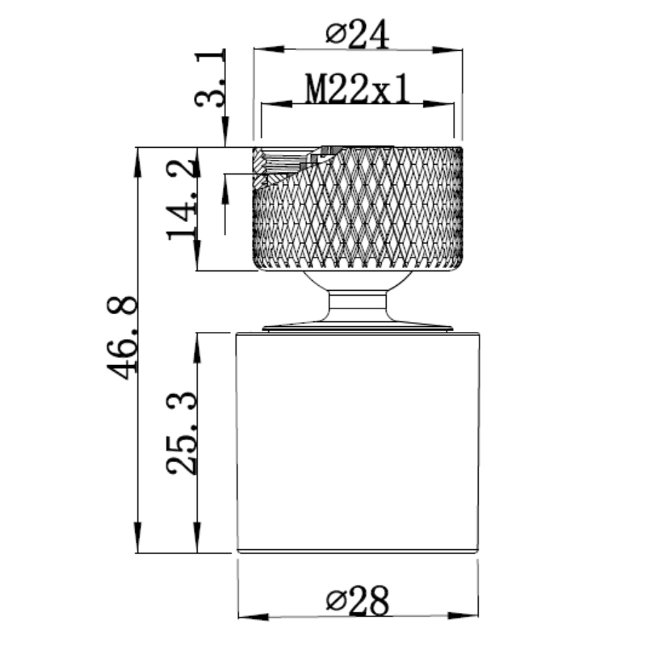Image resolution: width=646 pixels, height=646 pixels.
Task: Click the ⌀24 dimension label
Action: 358,33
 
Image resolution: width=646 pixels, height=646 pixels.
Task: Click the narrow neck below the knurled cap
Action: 359,303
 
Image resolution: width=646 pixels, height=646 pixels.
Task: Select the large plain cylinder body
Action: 359,440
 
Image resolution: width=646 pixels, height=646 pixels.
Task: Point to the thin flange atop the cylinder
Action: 359,328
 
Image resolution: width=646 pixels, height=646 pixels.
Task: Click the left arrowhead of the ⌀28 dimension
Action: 244,617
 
